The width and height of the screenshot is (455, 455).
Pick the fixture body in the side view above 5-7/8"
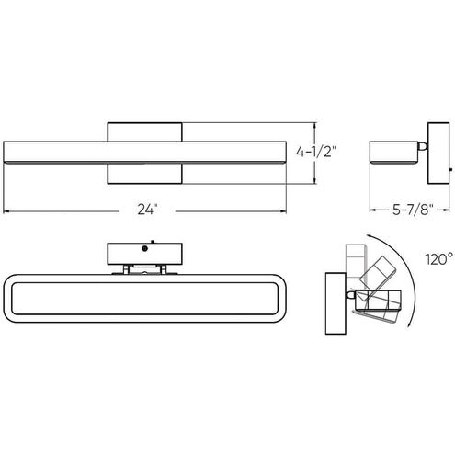392,151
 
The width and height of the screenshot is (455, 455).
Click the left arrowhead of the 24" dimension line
7,210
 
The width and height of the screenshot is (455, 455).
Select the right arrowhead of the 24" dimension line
287,210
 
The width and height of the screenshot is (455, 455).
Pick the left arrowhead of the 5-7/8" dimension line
370,210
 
